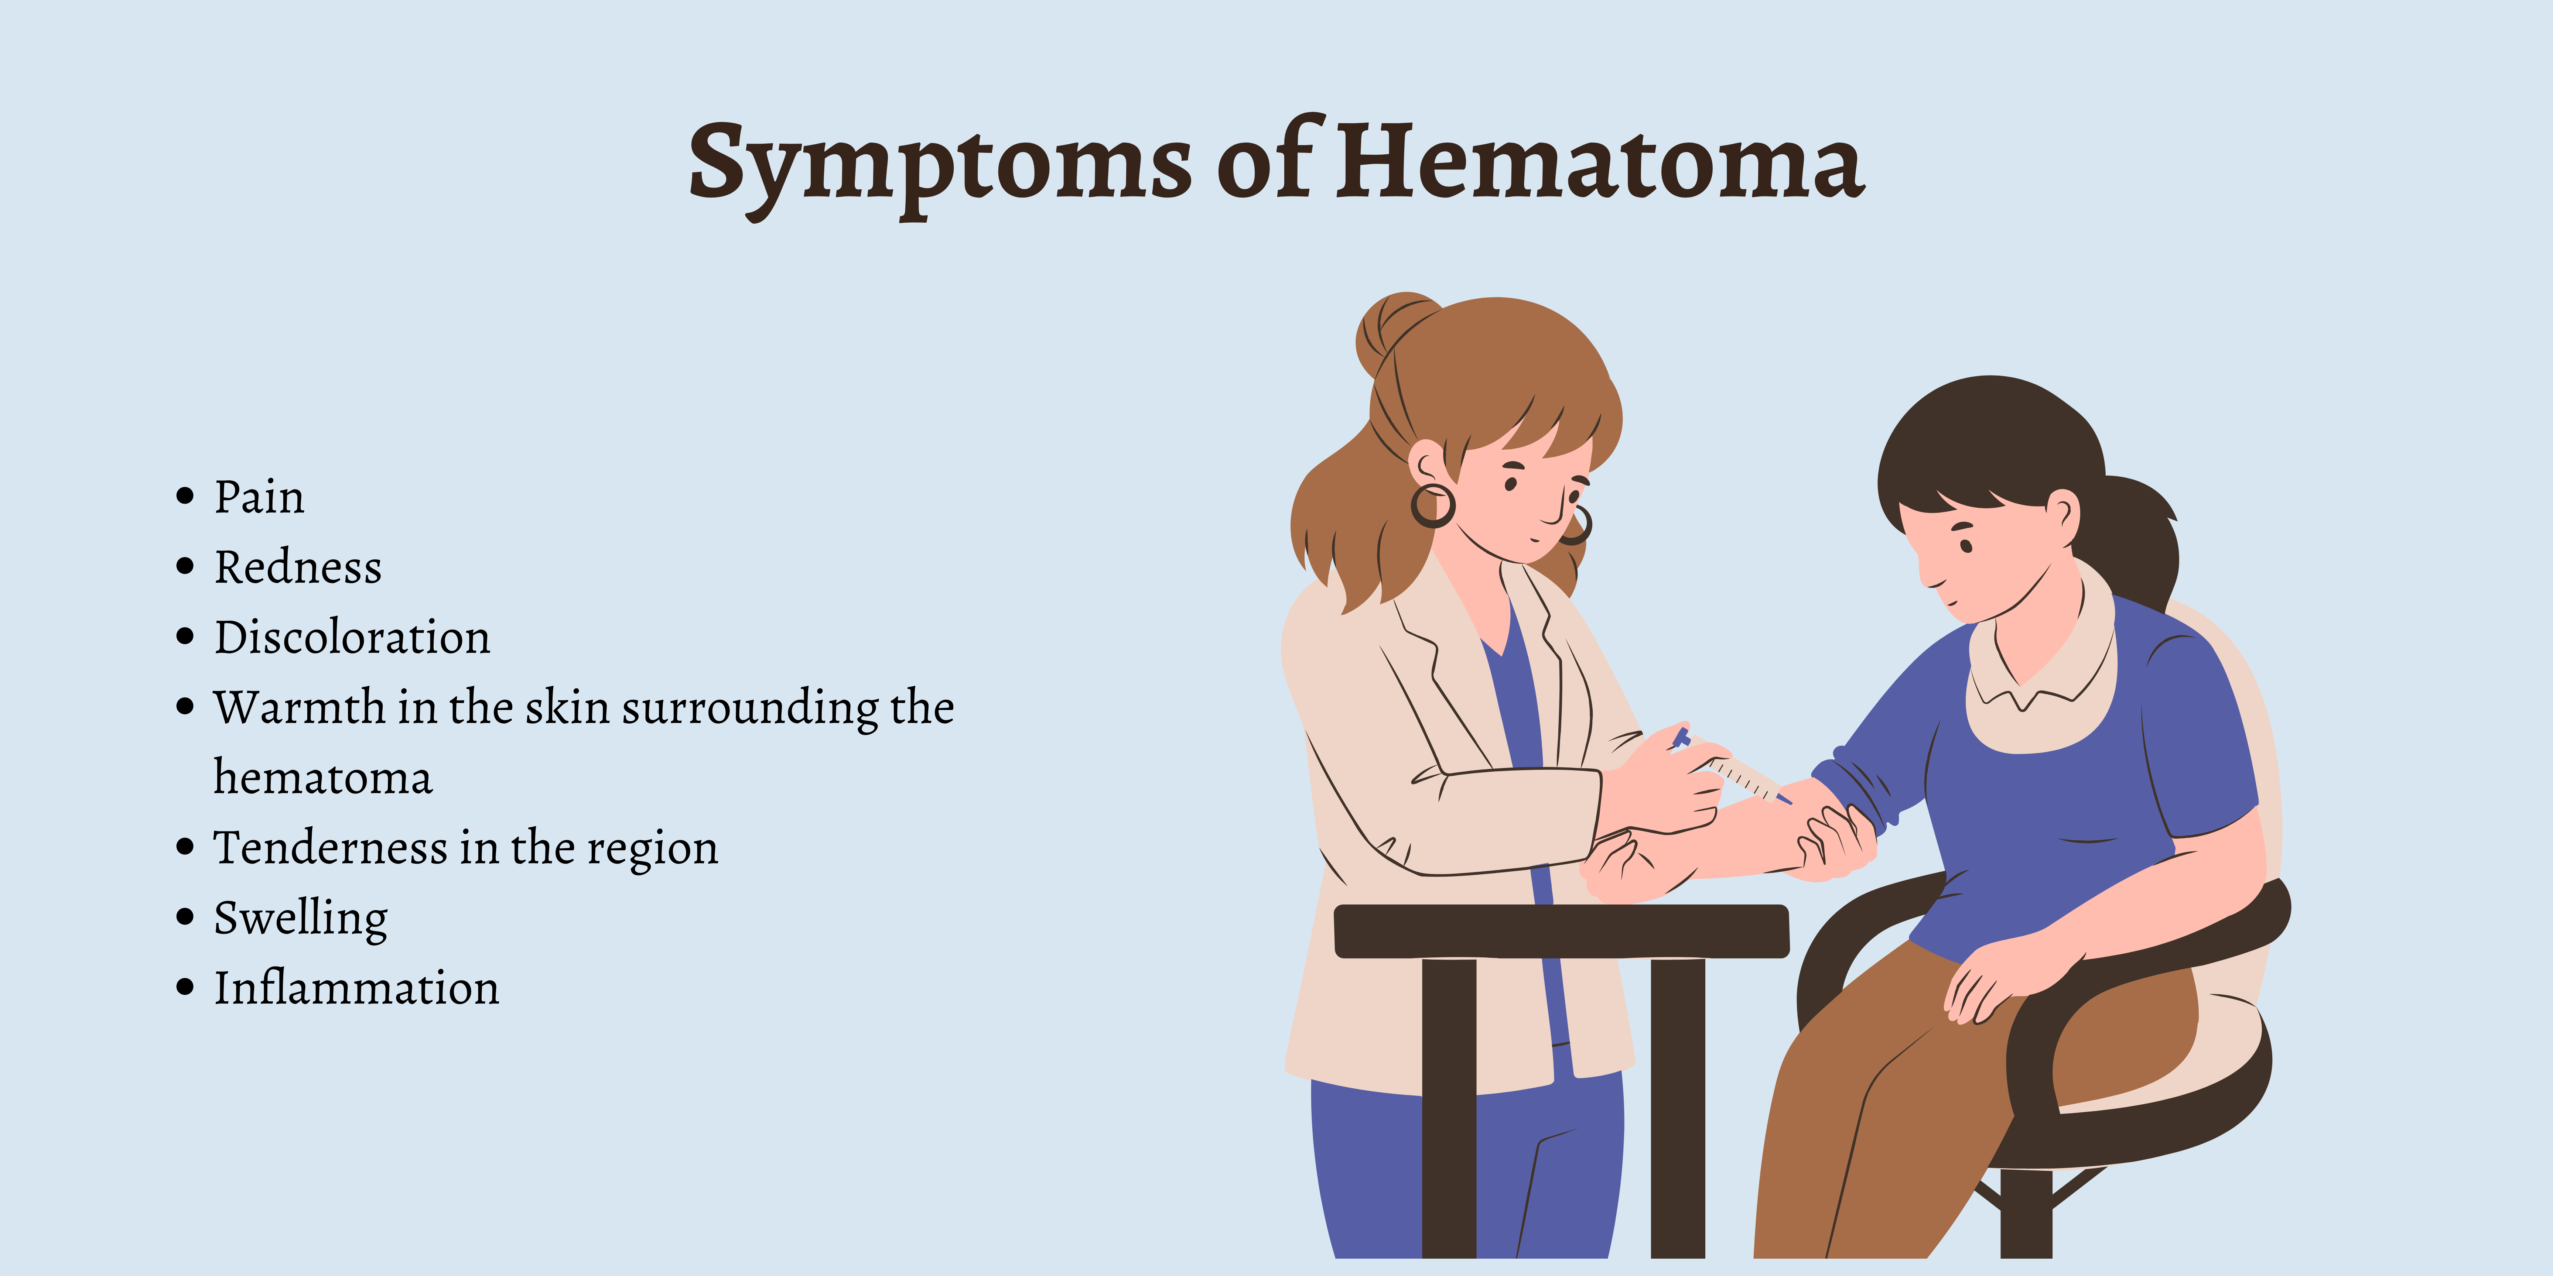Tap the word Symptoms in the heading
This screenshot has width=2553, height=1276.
940,168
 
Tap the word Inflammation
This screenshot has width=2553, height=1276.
357,988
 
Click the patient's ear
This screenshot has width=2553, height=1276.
2063,515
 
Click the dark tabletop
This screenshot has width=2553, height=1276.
1561,931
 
